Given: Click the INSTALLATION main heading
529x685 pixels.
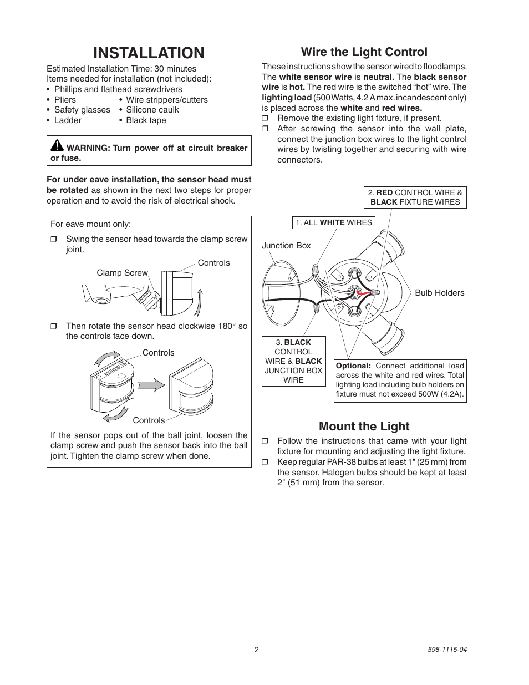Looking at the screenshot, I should [x=149, y=53].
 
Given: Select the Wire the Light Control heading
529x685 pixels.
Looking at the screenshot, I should [x=364, y=52].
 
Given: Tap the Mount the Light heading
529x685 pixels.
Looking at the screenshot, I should [x=364, y=426].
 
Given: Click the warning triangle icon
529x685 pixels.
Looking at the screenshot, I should [x=57, y=146].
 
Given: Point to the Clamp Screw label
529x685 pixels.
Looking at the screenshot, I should [x=122, y=273].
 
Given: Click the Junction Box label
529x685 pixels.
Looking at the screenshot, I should [x=286, y=246].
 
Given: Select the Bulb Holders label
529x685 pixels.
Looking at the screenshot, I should [x=439, y=293].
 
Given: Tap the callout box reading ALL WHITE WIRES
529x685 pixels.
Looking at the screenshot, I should [x=334, y=222].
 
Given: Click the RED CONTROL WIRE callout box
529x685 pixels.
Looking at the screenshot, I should [x=415, y=197].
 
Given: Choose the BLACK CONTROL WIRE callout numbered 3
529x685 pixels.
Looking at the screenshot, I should [x=293, y=361].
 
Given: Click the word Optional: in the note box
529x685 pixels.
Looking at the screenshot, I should [x=353, y=366].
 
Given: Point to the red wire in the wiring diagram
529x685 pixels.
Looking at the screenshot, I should [x=363, y=292].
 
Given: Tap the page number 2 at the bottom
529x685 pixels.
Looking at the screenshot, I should [x=257, y=650].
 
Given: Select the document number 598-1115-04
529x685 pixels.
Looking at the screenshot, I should [x=447, y=650].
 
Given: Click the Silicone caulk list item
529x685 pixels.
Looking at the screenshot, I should [x=152, y=110].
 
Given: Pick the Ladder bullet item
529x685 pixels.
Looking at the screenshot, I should [x=67, y=120].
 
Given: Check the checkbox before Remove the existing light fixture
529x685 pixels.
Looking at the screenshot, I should [x=265, y=119].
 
